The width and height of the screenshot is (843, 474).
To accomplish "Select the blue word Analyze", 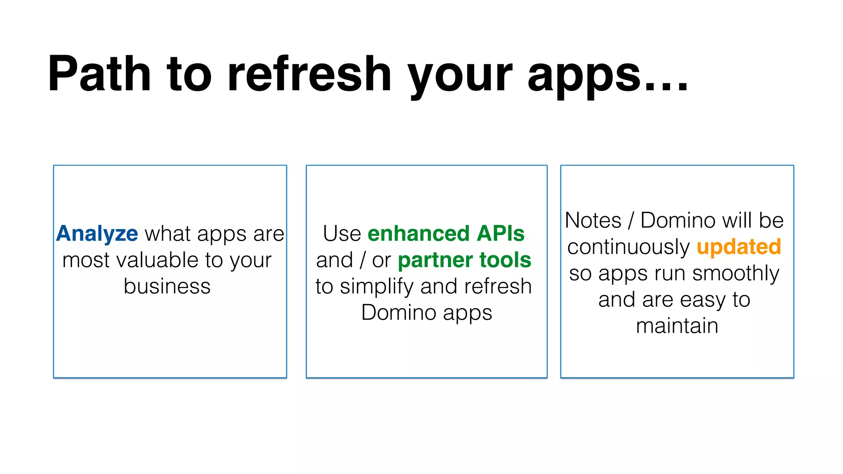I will click(x=97, y=234).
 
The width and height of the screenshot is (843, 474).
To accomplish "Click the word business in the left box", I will click(x=167, y=286).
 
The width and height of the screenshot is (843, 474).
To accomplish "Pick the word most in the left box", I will click(x=84, y=261).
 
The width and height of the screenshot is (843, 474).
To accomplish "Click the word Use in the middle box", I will click(x=342, y=234).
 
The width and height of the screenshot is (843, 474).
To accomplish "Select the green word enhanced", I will click(x=418, y=234).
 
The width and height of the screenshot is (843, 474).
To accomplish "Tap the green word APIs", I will click(x=500, y=234).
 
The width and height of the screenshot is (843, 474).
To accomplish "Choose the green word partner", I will click(x=435, y=261).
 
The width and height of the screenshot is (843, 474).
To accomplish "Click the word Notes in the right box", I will click(x=593, y=221).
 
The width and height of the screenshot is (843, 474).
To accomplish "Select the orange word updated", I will click(x=738, y=247).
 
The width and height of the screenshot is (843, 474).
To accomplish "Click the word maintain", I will click(x=677, y=326).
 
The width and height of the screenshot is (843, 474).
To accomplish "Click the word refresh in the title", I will click(x=309, y=74).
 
